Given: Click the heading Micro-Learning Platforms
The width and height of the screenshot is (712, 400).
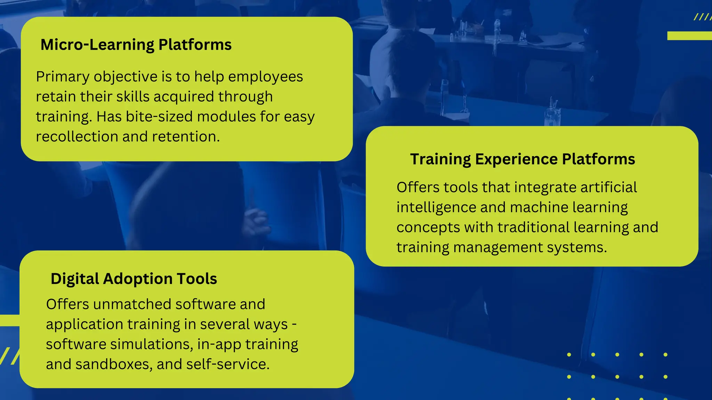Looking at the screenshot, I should pos(136,45).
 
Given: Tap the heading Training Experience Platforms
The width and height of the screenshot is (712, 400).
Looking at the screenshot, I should pos(523,159).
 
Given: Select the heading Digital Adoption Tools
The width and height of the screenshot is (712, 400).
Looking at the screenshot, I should pos(134,279).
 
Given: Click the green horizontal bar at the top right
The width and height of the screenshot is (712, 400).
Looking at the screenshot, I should pos(689,36).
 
